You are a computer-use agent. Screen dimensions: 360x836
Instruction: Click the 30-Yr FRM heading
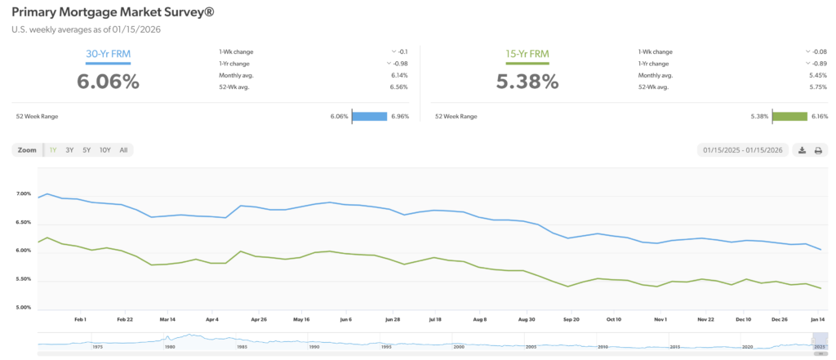(108, 55)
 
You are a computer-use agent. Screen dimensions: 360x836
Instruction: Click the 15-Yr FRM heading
(527, 55)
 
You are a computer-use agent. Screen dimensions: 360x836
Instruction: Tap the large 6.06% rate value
(108, 81)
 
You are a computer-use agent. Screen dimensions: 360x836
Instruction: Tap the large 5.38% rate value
(527, 81)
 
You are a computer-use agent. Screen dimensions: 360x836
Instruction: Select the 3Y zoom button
(70, 150)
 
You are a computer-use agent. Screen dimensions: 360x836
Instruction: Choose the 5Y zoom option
(87, 150)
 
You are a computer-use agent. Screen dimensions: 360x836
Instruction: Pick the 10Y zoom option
(104, 150)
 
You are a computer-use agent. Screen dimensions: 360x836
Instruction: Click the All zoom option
(123, 150)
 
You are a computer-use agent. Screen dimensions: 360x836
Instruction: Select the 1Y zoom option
(53, 150)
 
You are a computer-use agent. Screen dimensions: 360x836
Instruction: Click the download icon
(802, 150)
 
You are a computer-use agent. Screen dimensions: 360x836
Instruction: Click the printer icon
(818, 150)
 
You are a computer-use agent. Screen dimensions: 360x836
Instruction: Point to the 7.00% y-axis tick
(23, 194)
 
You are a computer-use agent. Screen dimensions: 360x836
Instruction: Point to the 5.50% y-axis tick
(23, 280)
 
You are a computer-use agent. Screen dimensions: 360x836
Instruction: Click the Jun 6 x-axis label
(345, 319)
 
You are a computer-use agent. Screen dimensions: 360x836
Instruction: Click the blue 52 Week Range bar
(369, 116)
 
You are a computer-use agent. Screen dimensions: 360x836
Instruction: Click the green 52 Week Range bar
(789, 116)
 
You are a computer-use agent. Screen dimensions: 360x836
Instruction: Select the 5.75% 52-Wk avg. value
(817, 86)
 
